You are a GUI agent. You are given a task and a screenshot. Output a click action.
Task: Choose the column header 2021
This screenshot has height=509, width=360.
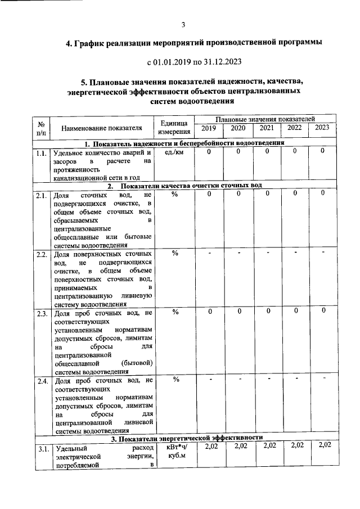click(x=267, y=128)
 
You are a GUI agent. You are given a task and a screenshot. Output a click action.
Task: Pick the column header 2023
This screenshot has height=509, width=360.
click(x=322, y=128)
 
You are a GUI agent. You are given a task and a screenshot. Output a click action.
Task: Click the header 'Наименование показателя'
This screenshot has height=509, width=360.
click(x=101, y=128)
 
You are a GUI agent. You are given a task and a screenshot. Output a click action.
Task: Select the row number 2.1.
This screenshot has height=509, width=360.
click(x=41, y=196)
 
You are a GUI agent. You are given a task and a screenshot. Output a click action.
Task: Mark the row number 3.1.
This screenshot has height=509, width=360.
click(x=41, y=449)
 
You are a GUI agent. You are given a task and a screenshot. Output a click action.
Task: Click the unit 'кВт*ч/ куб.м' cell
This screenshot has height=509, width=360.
click(x=174, y=451)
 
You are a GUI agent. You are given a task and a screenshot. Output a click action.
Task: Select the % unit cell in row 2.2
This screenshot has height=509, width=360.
click(x=174, y=253)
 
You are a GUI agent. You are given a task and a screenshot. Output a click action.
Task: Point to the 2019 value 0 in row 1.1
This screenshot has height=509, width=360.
click(x=209, y=152)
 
